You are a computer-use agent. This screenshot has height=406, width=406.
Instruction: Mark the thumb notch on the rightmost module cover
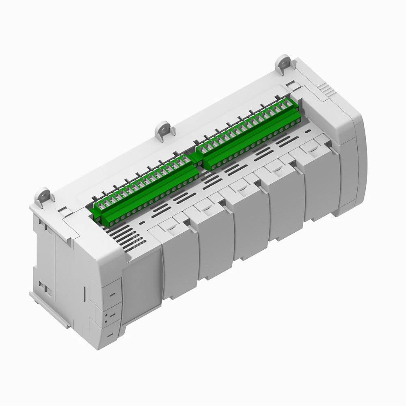[x=313, y=150]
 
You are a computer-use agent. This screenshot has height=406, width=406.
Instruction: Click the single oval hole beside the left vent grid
[x=142, y=223]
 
